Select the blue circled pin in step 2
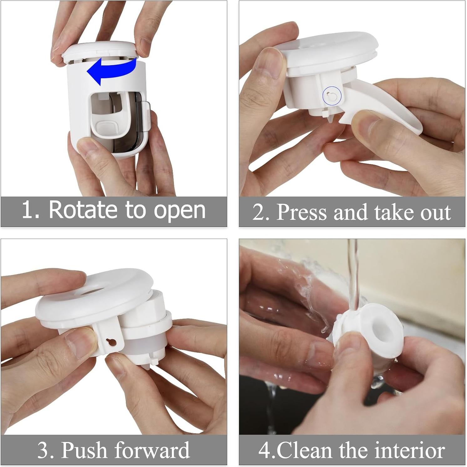click(331, 95)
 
